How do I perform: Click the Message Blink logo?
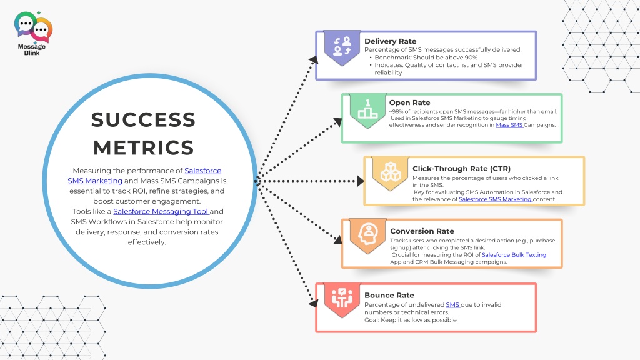[x=33, y=33]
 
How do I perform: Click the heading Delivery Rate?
[x=390, y=41]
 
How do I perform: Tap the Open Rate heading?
[x=409, y=102]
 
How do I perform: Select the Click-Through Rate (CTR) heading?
[x=461, y=169]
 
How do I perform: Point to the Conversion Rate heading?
[x=422, y=231]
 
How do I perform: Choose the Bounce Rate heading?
[x=389, y=295]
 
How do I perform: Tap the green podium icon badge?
[x=367, y=110]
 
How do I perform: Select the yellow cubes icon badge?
[x=390, y=173]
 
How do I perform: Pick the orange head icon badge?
[x=367, y=236]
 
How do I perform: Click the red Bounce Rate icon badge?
[x=342, y=299]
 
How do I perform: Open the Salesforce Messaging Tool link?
[x=161, y=211]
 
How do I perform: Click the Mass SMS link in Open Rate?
[x=509, y=125]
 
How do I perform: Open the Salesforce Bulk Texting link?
[x=514, y=255]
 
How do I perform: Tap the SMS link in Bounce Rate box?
[x=452, y=304]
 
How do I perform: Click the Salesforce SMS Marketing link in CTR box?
[x=495, y=199]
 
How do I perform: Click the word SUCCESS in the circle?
[x=143, y=119]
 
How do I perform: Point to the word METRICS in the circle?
[x=144, y=147]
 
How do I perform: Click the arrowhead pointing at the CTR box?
[x=361, y=181]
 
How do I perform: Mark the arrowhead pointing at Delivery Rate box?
[x=314, y=60]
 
